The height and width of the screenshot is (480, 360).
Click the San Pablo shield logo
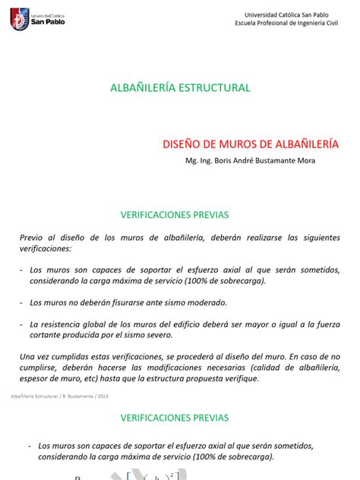16,20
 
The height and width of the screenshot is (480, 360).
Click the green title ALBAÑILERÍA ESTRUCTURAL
180,88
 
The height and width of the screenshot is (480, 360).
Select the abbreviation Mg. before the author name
191,159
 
